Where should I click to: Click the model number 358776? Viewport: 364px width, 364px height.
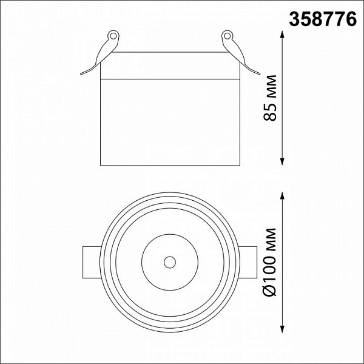(323, 19)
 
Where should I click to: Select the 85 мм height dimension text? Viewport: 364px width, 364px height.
(270, 98)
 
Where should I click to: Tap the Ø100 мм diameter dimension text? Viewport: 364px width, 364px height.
(270, 262)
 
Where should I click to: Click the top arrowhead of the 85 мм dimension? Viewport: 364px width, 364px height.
(282, 35)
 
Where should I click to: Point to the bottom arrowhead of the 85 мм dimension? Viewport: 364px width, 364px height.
(282, 161)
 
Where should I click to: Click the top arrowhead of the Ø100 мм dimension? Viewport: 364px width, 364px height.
(282, 196)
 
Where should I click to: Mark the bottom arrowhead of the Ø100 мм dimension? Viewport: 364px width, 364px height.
(282, 329)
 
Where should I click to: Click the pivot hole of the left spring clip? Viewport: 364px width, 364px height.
(113, 36)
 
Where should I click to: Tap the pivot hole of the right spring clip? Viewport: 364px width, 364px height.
(227, 36)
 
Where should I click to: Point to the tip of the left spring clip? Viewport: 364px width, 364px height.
(81, 74)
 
